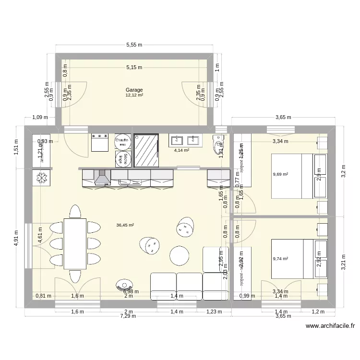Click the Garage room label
[134, 90]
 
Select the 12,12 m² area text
[134, 95]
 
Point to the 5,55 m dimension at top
[134, 45]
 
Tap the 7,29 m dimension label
[128, 316]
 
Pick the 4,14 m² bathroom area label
[181, 150]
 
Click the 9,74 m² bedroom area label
[280, 259]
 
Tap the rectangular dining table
[75, 243]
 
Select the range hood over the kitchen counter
[101, 178]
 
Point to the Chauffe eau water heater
[122, 141]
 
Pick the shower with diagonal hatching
[146, 150]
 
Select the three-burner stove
[99, 143]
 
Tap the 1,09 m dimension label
[40, 117]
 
